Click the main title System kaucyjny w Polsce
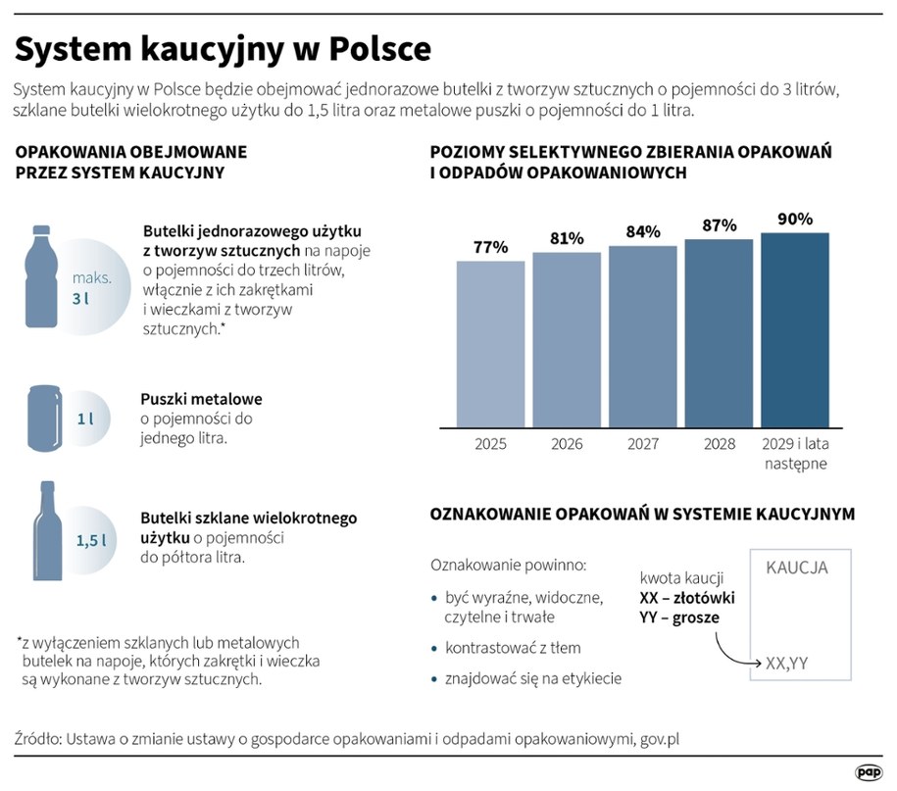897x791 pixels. tap(223, 49)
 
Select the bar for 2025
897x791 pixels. tap(490, 343)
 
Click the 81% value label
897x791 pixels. tap(567, 238)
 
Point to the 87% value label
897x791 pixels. tap(719, 225)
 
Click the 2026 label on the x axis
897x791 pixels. tap(567, 444)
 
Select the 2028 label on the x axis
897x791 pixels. tap(719, 444)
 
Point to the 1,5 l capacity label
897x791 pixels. tap(91, 539)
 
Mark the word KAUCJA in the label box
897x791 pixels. tap(796, 568)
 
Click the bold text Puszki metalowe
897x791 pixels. tap(201, 400)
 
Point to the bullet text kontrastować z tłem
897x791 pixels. tap(512, 648)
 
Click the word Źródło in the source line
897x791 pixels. tap(37, 738)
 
